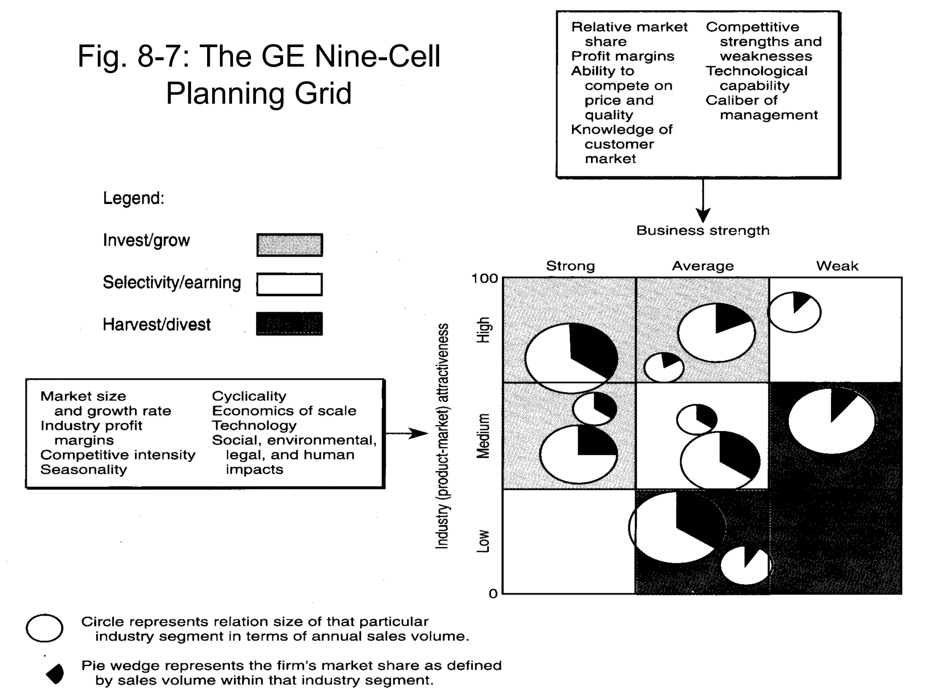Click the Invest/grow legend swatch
tap(290, 245)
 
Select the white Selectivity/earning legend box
tap(290, 285)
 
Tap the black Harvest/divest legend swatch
tap(290, 324)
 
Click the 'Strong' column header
tap(570, 266)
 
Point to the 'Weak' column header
tap(837, 266)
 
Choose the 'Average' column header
tap(702, 266)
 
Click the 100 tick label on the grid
tap(484, 279)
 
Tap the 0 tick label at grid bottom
tap(493, 594)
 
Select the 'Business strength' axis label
tap(703, 231)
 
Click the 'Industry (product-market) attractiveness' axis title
tap(442, 436)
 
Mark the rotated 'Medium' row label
tap(483, 436)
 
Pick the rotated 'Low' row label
tap(483, 541)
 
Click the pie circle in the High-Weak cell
tap(794, 312)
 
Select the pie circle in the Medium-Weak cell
tap(831, 420)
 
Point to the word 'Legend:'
tap(133, 198)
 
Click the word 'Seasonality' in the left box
tap(84, 470)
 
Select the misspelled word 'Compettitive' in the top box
tap(752, 27)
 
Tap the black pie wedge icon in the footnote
tap(55, 674)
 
